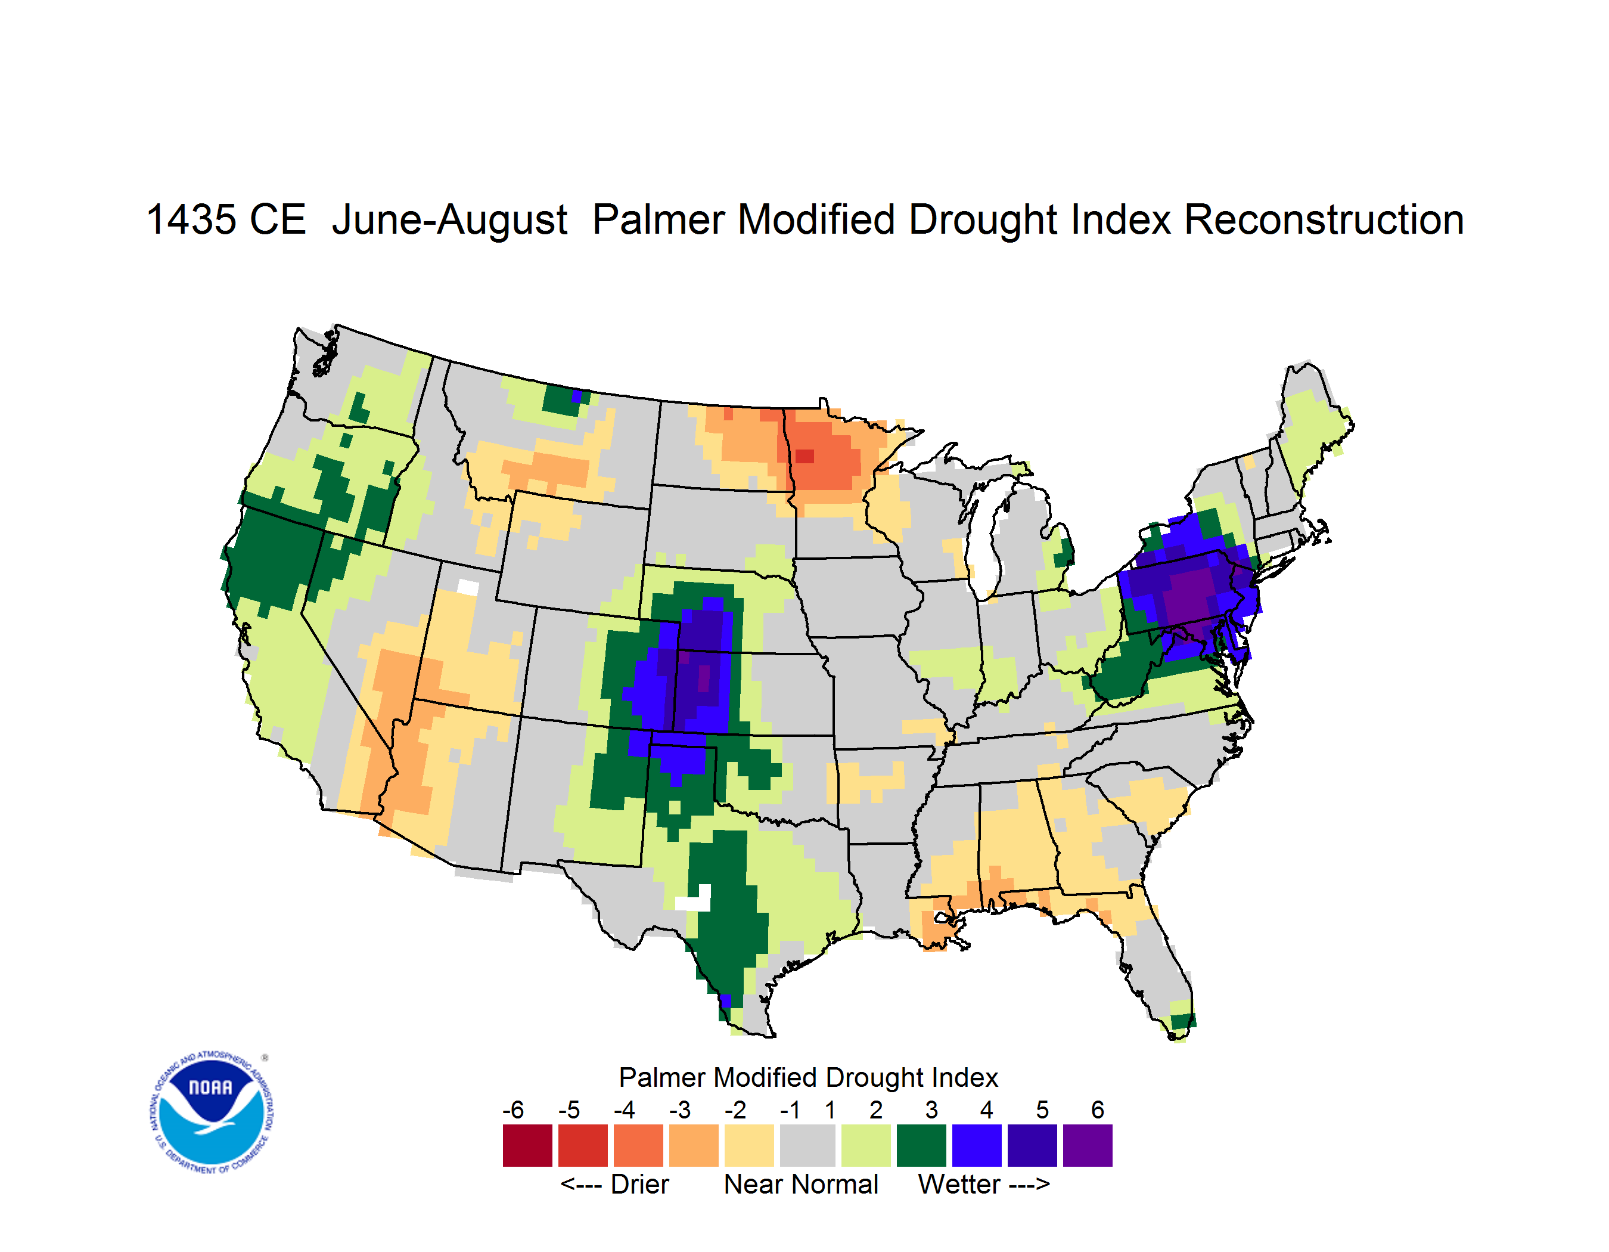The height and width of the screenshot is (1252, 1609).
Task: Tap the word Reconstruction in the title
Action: (x=1323, y=219)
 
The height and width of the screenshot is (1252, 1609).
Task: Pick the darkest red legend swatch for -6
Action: (x=527, y=1145)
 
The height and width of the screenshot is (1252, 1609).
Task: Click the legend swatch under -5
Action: (x=583, y=1145)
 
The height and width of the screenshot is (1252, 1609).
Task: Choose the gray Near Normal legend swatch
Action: (x=807, y=1145)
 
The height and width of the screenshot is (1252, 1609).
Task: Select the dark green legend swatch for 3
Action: (x=921, y=1145)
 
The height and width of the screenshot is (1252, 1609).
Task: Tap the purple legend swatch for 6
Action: (x=1088, y=1145)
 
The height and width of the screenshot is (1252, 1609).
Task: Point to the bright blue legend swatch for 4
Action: (x=977, y=1145)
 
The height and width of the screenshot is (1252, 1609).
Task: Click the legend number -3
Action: (x=680, y=1110)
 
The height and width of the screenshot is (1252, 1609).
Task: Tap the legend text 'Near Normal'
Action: (x=801, y=1184)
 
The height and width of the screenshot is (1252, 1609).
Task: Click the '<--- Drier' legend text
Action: (x=614, y=1184)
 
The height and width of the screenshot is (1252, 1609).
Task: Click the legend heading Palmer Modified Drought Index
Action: (x=808, y=1077)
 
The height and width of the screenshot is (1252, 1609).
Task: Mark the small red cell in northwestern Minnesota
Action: (x=805, y=455)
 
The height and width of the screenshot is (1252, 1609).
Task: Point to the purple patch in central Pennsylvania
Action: (x=1188, y=593)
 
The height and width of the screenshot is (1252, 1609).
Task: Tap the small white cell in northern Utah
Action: (x=468, y=587)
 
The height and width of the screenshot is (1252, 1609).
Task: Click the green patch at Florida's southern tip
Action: (x=1183, y=1021)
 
